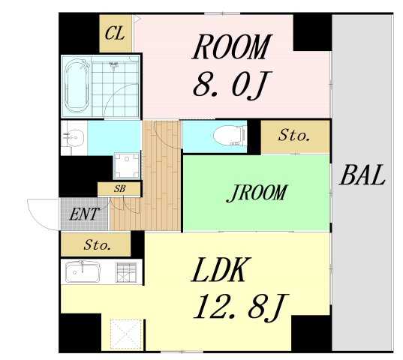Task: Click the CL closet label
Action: [x=115, y=34]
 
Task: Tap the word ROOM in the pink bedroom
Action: [x=232, y=47]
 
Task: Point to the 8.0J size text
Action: [x=232, y=85]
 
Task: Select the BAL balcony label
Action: [x=362, y=175]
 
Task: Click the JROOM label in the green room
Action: [x=256, y=193]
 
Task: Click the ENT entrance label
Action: [x=84, y=214]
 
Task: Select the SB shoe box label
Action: [x=120, y=189]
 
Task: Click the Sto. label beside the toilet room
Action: [x=294, y=135]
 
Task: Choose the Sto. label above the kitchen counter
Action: [x=97, y=245]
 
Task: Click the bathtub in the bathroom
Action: [x=77, y=86]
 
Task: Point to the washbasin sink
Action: [x=74, y=138]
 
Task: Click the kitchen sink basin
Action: [x=83, y=272]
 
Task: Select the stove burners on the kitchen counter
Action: [x=125, y=272]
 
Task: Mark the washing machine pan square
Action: [x=127, y=165]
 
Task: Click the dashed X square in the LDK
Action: [x=126, y=334]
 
